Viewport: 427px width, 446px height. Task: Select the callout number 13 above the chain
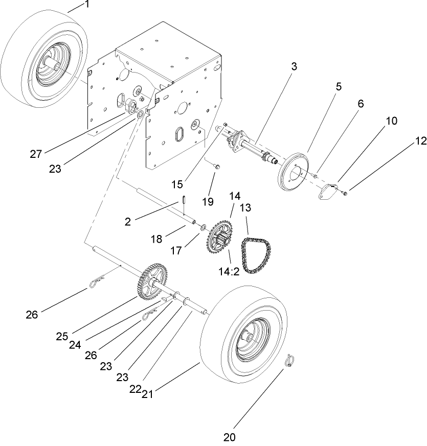[246, 207]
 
